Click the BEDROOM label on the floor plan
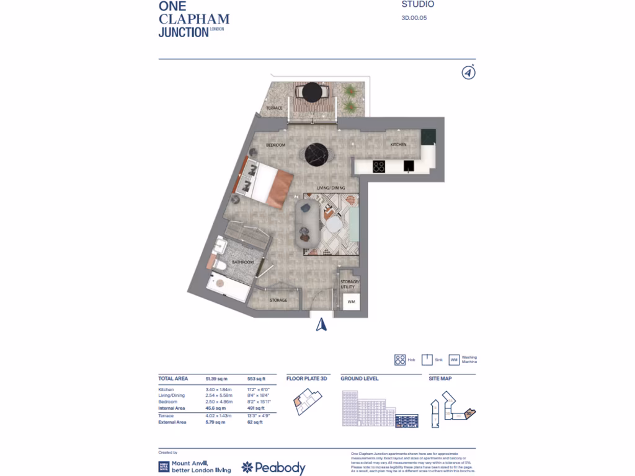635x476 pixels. tap(275, 145)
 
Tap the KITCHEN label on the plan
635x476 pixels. tap(398, 144)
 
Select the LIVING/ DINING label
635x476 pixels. tap(331, 188)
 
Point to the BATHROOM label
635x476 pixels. tap(243, 262)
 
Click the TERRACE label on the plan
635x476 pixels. tap(274, 108)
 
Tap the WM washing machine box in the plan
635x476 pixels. tap(351, 302)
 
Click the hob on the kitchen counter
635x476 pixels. tap(378, 166)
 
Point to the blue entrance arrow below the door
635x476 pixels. tap(321, 324)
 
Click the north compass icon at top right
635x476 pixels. tap(469, 73)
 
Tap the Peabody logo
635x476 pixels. tap(273, 468)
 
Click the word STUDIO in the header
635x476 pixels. tap(418, 5)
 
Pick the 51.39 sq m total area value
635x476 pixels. tap(217, 378)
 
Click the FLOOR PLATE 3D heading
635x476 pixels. tap(306, 378)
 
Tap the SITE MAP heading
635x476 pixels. tap(440, 378)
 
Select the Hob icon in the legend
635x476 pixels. tap(400, 360)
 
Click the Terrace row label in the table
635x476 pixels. tap(167, 415)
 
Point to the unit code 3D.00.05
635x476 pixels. tap(414, 18)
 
